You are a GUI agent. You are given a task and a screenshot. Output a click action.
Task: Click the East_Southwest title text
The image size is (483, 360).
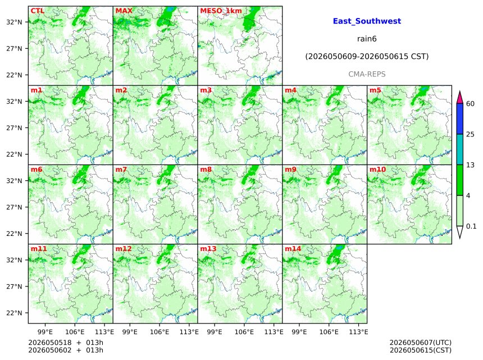tap(367, 21)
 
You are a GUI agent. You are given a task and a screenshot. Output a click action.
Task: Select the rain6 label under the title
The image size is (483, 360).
tap(367, 39)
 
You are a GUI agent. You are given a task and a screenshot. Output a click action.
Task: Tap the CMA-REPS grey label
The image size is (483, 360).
tap(367, 74)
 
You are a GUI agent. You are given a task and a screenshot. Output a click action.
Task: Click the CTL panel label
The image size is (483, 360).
tap(38, 11)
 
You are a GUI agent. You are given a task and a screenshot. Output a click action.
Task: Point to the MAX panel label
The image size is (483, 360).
tap(124, 11)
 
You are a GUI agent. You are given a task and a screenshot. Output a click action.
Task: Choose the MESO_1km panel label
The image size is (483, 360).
tap(221, 11)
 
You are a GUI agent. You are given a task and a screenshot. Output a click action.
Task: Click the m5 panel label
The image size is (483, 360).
tap(375, 90)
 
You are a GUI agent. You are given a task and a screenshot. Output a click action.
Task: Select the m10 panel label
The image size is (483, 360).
tap(377, 170)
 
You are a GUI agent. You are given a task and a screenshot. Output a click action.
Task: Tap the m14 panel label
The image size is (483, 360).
tap(293, 249)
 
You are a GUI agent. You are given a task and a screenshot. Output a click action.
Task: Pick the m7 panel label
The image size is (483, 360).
tap(121, 170)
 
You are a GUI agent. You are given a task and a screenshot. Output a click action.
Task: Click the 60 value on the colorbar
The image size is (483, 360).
tap(471, 103)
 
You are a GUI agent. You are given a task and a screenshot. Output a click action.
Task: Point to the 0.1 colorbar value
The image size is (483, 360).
tap(471, 226)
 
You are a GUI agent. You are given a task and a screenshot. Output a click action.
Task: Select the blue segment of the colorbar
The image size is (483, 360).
tap(460, 119)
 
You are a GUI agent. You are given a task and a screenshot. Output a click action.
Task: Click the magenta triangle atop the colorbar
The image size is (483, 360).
tap(460, 97)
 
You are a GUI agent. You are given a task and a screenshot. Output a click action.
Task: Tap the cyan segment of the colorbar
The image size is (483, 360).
tap(460, 149)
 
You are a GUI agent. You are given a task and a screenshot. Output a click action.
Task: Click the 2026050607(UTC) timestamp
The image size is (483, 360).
tap(421, 343)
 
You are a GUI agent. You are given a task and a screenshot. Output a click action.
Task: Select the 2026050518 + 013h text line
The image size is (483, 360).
tap(66, 343)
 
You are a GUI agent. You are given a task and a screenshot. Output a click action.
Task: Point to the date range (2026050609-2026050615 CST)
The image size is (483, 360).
tap(367, 57)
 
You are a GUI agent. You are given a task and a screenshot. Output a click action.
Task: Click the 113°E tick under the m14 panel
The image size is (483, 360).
tap(359, 332)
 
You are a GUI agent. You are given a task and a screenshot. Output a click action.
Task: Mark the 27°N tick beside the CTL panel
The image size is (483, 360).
tap(15, 49)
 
